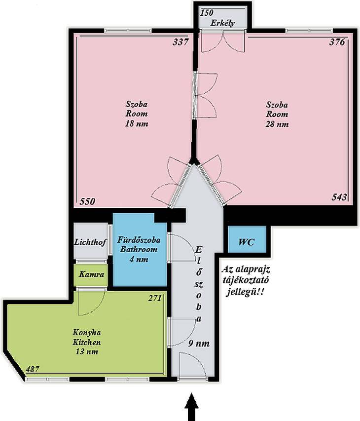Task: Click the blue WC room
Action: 247,239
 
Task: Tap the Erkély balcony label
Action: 222,23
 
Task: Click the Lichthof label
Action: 90,242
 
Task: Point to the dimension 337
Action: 181,42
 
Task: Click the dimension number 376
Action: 337,42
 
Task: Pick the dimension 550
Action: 87,201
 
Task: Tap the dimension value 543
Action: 339,197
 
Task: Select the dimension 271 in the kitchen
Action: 155,298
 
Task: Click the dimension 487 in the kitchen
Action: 33,370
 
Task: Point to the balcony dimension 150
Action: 207,13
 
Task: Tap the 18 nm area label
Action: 137,124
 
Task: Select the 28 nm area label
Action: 277,124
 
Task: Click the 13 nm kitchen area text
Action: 87,352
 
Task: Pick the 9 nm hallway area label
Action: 199,344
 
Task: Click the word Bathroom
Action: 139,249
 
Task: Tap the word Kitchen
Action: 87,343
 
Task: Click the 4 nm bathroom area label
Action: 139,260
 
